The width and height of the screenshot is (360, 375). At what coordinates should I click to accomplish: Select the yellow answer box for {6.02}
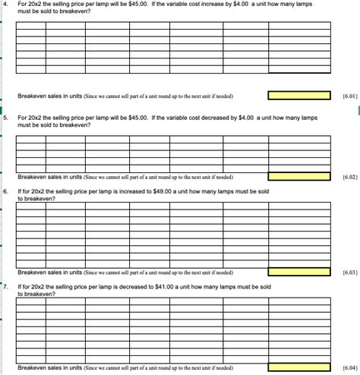[x=299, y=176]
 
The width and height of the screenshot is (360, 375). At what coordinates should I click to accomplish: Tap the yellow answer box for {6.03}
[x=299, y=272]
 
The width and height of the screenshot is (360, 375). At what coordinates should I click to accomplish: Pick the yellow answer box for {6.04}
[x=299, y=367]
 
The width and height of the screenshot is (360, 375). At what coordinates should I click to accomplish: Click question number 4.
[x=5, y=5]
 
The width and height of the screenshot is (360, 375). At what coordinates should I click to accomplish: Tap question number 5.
[x=5, y=118]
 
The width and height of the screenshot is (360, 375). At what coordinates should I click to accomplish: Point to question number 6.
[x=5, y=191]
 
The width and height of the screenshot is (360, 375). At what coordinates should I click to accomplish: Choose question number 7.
[x=5, y=287]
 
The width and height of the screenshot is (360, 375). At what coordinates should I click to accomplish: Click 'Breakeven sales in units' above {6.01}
[x=50, y=96]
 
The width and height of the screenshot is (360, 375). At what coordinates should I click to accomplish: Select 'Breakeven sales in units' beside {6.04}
[x=50, y=367]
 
